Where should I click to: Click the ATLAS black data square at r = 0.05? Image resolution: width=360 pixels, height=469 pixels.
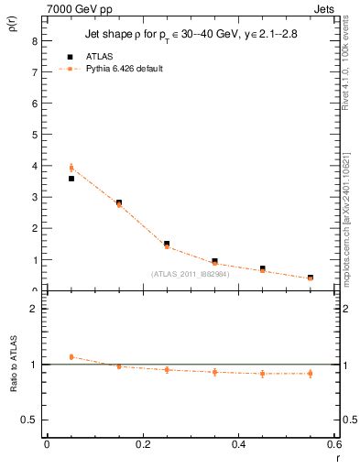[x=71, y=179]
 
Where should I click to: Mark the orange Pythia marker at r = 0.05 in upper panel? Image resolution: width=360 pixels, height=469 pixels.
[x=71, y=168]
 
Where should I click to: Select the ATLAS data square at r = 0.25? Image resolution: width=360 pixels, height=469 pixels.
[x=167, y=244]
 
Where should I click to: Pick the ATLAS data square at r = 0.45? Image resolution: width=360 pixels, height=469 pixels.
[x=262, y=269]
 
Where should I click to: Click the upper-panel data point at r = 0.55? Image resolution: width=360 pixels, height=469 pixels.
[x=311, y=278]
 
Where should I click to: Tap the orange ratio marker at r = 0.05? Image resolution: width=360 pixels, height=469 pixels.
[x=71, y=356]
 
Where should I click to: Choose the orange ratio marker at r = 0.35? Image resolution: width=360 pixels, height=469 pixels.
[x=214, y=372]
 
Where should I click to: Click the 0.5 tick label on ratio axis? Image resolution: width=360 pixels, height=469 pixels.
[x=29, y=420]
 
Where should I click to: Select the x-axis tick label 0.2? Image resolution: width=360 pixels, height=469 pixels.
[x=142, y=445]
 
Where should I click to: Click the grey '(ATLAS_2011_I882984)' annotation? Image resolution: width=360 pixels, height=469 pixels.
[x=191, y=274]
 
